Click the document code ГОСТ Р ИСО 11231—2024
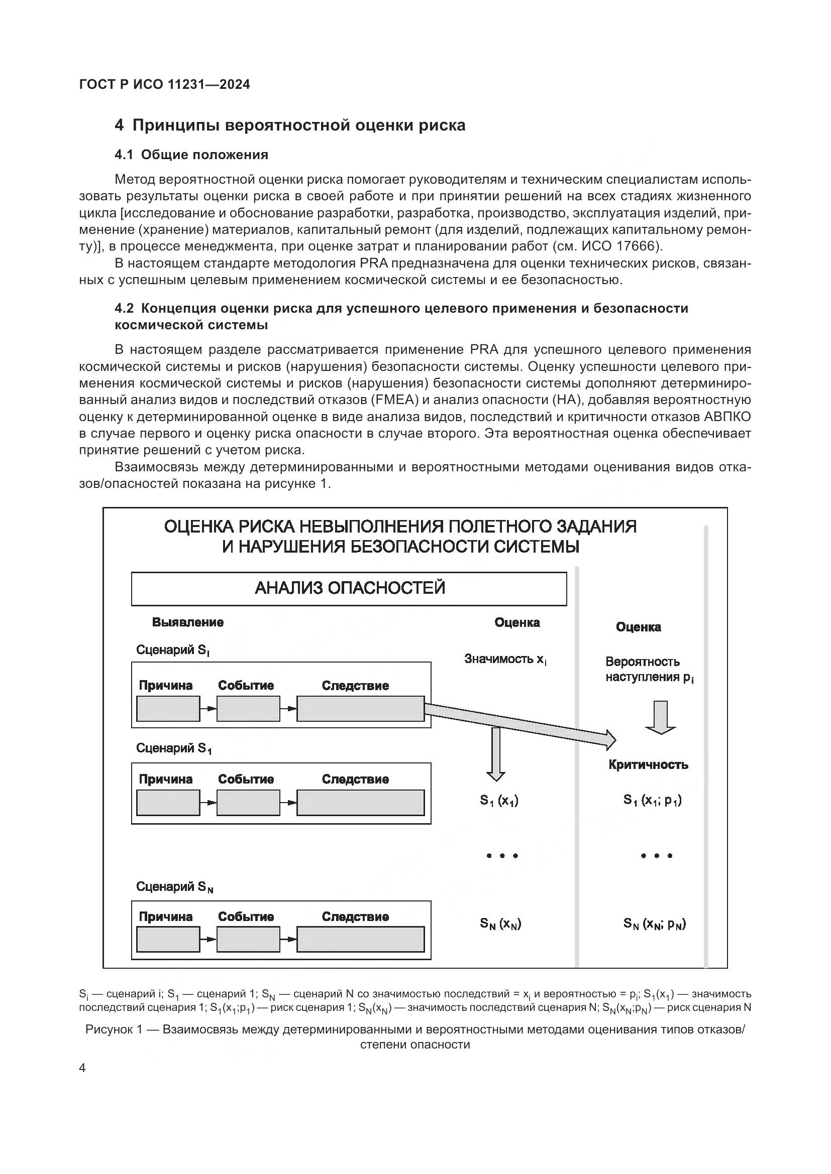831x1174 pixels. (x=164, y=85)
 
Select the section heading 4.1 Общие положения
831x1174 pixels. (x=191, y=155)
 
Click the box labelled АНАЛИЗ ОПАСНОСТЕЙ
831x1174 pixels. (x=349, y=589)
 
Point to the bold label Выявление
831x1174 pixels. (x=188, y=622)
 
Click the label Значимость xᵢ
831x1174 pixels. (x=505, y=659)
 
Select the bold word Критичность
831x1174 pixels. (x=648, y=765)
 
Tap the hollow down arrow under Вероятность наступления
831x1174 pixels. (x=661, y=717)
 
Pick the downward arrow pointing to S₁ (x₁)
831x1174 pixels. (x=495, y=755)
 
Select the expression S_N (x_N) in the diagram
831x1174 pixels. (x=500, y=924)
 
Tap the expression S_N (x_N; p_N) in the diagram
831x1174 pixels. (x=655, y=924)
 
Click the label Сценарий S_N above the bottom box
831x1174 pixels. (x=174, y=887)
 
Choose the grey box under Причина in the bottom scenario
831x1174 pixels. (x=168, y=940)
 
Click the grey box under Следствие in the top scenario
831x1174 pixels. (x=360, y=709)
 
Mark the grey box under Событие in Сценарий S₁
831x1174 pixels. (x=248, y=803)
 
